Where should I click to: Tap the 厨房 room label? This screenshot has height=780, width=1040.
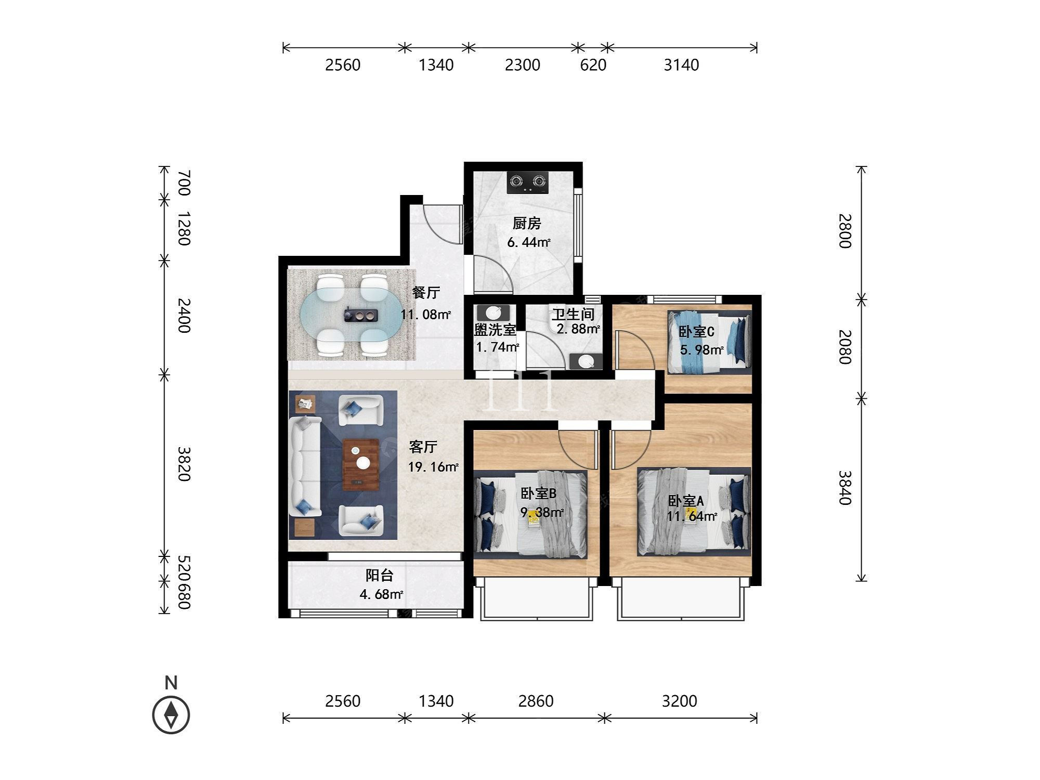pyautogui.click(x=527, y=224)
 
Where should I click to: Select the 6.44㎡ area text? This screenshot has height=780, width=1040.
pyautogui.click(x=529, y=242)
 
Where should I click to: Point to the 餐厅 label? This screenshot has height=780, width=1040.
pyautogui.click(x=426, y=293)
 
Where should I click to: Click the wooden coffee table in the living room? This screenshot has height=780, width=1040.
pyautogui.click(x=360, y=464)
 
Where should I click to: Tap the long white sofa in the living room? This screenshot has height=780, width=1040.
pyautogui.click(x=305, y=466)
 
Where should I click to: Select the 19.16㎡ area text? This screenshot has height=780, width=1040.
pyautogui.click(x=433, y=467)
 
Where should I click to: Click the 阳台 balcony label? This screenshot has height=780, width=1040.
pyautogui.click(x=379, y=575)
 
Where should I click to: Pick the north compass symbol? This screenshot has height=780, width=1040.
pyautogui.click(x=171, y=714)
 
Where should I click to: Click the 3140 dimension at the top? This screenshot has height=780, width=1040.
pyautogui.click(x=681, y=65)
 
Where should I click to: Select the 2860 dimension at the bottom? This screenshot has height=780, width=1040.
pyautogui.click(x=536, y=701)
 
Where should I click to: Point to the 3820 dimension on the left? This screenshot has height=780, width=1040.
pyautogui.click(x=185, y=464)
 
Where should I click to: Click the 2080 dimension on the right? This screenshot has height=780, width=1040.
pyautogui.click(x=844, y=347)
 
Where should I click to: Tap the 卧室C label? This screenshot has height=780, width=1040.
pyautogui.click(x=696, y=331)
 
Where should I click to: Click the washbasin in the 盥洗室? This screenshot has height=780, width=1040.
pyautogui.click(x=493, y=313)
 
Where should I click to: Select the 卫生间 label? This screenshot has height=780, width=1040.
pyautogui.click(x=573, y=314)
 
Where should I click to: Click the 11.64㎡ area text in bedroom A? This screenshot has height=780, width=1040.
pyautogui.click(x=692, y=516)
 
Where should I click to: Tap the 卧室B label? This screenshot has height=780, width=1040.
pyautogui.click(x=539, y=493)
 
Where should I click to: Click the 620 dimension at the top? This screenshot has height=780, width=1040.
pyautogui.click(x=593, y=65)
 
